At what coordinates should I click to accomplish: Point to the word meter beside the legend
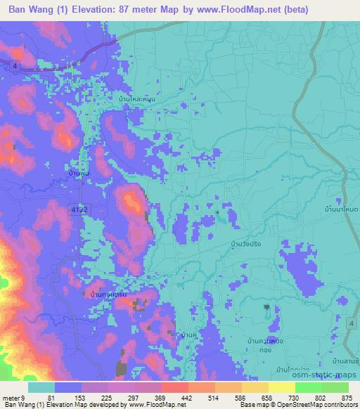click(x=11, y=398)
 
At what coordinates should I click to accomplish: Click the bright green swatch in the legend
click(x=309, y=387)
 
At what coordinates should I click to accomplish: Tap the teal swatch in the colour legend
click(x=41, y=387)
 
